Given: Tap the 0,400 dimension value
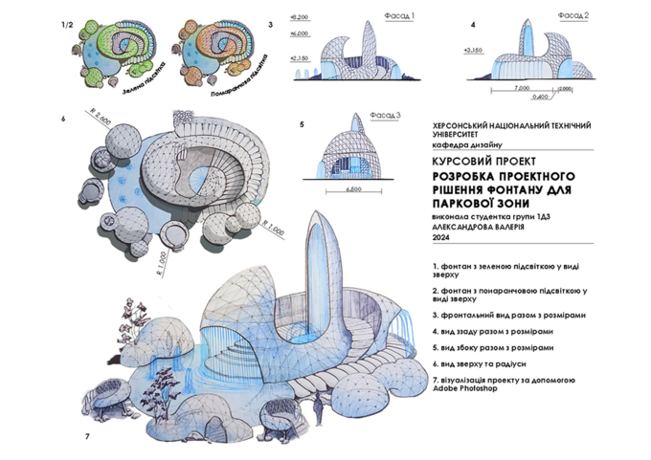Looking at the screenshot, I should click(542, 97).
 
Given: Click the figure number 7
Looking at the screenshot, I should click(86, 436).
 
